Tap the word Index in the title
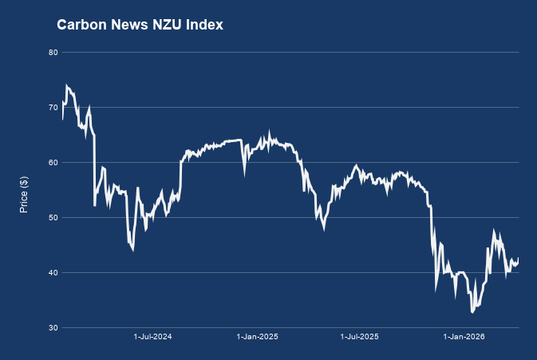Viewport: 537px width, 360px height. tap(203, 26)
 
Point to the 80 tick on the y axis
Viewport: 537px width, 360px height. tap(53, 53)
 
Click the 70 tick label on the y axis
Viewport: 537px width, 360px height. tap(53, 108)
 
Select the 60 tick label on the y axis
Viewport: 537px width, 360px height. tap(53, 163)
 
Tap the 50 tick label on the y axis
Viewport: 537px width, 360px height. tap(53, 218)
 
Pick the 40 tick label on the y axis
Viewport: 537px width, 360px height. tap(53, 273)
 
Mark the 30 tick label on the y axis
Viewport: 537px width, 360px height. tap(53, 328)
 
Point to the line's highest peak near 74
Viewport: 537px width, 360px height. tap(67, 85)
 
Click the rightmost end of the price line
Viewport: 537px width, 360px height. tap(519, 259)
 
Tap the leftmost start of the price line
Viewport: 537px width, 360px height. tap(62, 119)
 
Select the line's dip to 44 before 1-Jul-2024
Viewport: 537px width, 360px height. tap(132, 250)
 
